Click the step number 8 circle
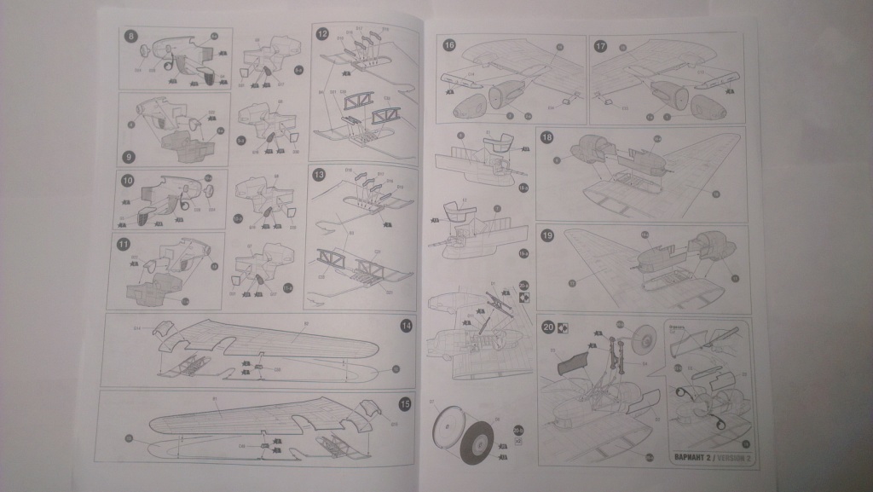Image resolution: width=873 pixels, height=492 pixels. point(130,36)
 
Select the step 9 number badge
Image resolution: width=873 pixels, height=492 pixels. point(129,157)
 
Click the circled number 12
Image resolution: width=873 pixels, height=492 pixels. point(322,35)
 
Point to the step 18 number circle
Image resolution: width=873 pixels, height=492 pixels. point(547,137)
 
